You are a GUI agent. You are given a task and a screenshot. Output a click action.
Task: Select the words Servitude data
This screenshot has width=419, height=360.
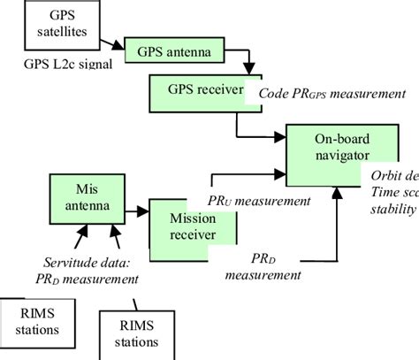coord(84,263)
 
